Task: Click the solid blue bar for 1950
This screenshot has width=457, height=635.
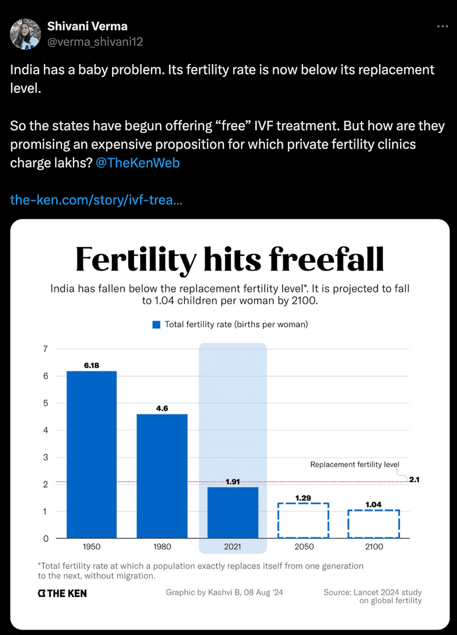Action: pyautogui.click(x=92, y=454)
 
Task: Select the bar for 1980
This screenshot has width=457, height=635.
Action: pyautogui.click(x=162, y=476)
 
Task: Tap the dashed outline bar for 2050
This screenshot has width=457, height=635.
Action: pyautogui.click(x=303, y=520)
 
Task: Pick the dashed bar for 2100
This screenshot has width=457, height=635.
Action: pyautogui.click(x=374, y=523)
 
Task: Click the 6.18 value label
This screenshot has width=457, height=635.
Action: pyautogui.click(x=92, y=365)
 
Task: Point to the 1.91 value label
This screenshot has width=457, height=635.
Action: pyautogui.click(x=233, y=481)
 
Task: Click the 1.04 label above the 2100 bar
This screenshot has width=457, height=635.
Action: pyautogui.click(x=374, y=504)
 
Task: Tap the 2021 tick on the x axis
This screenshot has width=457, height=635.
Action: pyautogui.click(x=233, y=547)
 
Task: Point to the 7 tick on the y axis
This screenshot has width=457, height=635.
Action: pyautogui.click(x=45, y=349)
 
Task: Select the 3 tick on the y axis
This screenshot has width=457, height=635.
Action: pyautogui.click(x=45, y=457)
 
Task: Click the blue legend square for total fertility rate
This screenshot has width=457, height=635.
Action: pyautogui.click(x=156, y=325)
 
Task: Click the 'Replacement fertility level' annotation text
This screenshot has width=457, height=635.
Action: pyautogui.click(x=354, y=464)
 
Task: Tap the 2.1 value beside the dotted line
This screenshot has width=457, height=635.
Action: pyautogui.click(x=415, y=479)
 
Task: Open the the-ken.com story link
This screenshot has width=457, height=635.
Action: pyautogui.click(x=97, y=199)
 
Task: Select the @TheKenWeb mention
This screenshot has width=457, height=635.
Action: pyautogui.click(x=137, y=163)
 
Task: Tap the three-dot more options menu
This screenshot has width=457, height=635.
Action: pyautogui.click(x=443, y=26)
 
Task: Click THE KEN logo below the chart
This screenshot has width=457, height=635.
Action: pyautogui.click(x=62, y=593)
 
